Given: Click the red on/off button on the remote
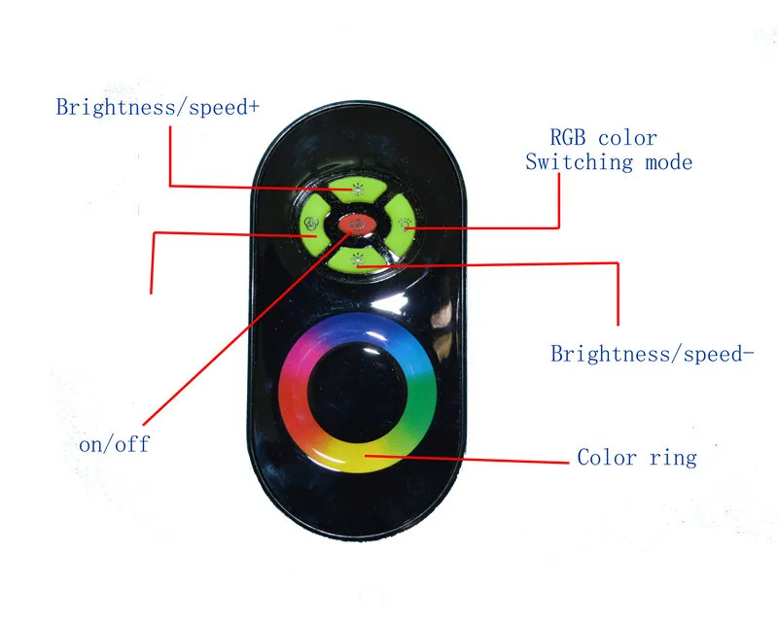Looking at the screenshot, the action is [x=357, y=225].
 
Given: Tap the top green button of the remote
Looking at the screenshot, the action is [x=357, y=188].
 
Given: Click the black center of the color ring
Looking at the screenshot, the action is [x=357, y=392].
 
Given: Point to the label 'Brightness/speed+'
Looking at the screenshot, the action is [x=158, y=107].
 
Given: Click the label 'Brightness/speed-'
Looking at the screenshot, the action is [x=652, y=354].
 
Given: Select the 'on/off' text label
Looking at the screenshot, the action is [x=114, y=443].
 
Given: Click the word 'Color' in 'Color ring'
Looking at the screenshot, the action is [x=607, y=457].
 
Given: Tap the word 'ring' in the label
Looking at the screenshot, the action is [x=673, y=458].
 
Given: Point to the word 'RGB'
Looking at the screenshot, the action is [x=568, y=137].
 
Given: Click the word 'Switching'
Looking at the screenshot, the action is [x=579, y=162].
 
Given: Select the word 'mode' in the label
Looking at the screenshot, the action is [x=669, y=162].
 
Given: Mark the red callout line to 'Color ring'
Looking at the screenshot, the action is [x=467, y=459].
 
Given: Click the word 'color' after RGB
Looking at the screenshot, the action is [x=627, y=138].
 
